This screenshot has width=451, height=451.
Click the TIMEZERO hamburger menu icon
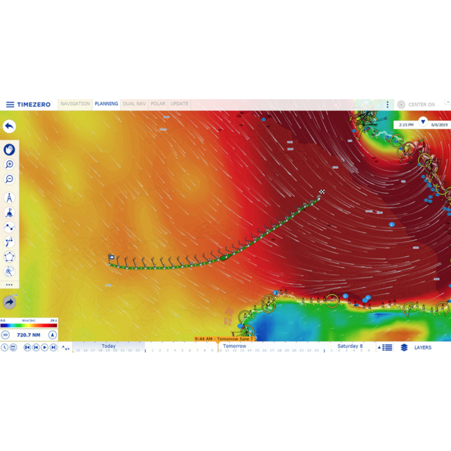[10, 105]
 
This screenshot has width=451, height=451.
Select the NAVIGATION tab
[75, 104]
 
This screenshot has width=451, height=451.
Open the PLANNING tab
[106, 104]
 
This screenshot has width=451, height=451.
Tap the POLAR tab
[158, 104]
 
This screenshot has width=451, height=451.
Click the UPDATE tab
[179, 104]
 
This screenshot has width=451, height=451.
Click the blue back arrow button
[9, 126]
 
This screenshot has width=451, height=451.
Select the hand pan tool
[10, 149]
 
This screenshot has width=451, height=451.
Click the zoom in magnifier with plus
[10, 164]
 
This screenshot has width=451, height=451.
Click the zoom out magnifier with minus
[10, 180]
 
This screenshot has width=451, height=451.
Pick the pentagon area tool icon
[10, 257]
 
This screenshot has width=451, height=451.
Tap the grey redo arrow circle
[10, 303]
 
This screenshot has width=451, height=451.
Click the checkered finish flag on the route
[322, 192]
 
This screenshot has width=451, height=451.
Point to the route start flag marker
[111, 257]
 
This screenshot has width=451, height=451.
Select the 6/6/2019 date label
[439, 125]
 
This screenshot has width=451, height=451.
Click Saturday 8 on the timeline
[350, 346]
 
